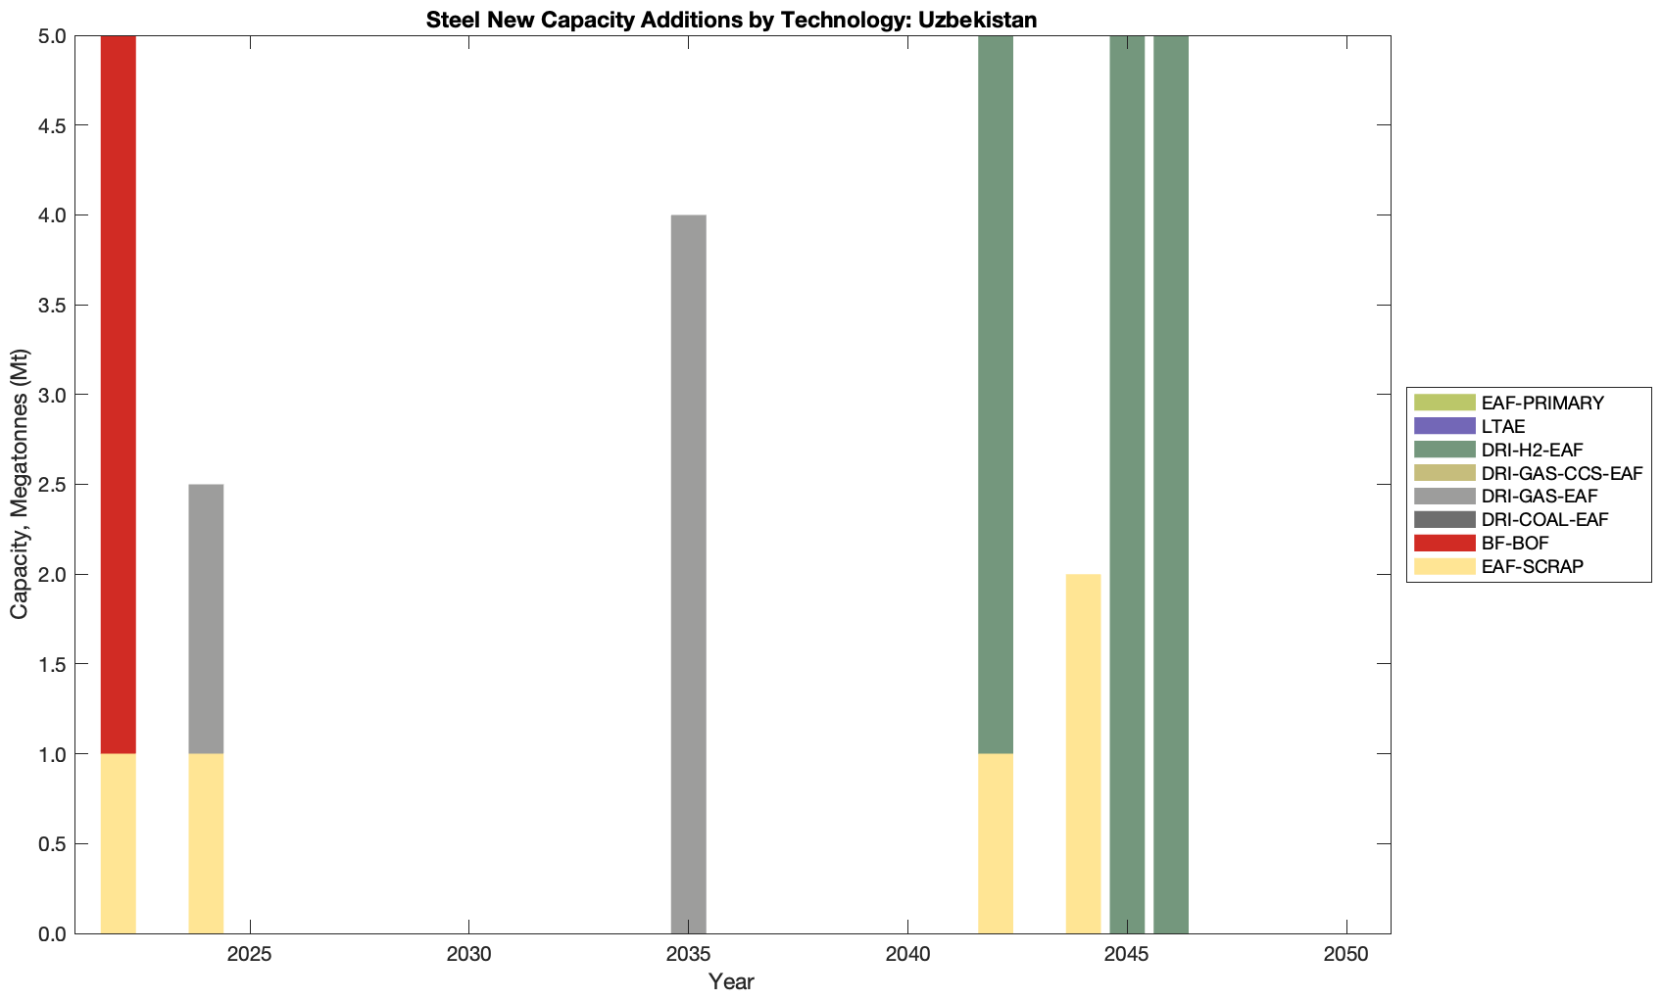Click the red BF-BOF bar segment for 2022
point(118,392)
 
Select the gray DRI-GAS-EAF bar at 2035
point(688,573)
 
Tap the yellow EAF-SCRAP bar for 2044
point(1083,754)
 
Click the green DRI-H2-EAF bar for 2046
point(1171,485)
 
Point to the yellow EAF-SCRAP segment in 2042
point(996,843)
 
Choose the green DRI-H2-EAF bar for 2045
point(1127,485)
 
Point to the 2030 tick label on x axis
point(469,955)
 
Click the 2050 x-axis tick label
point(1346,955)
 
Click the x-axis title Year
point(731,981)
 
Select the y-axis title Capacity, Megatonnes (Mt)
point(20,484)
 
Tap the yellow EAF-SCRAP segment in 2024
point(206,843)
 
